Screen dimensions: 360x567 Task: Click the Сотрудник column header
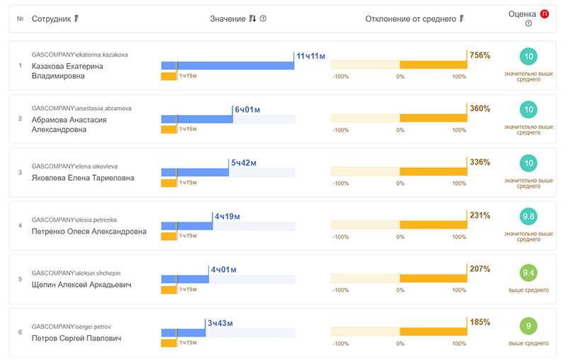click(51, 18)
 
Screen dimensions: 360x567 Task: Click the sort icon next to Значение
click(253, 18)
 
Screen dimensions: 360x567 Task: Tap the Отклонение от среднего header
click(410, 18)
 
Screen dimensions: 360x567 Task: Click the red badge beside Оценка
click(544, 13)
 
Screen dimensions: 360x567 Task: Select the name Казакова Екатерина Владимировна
click(68, 71)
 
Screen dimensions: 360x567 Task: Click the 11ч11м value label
click(310, 55)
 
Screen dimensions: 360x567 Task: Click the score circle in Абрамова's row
click(528, 110)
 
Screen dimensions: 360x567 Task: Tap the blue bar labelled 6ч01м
click(197, 119)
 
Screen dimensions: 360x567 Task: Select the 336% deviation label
click(480, 162)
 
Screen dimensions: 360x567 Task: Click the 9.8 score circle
click(528, 217)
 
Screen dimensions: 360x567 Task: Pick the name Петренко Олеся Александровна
click(89, 231)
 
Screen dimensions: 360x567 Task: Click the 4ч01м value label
click(223, 269)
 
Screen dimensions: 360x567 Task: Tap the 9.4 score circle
click(528, 272)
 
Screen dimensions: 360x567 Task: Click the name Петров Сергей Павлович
click(77, 338)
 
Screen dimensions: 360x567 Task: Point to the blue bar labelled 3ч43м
click(183, 332)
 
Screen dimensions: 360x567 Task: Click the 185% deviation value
click(480, 322)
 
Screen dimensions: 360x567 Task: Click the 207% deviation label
click(480, 269)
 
